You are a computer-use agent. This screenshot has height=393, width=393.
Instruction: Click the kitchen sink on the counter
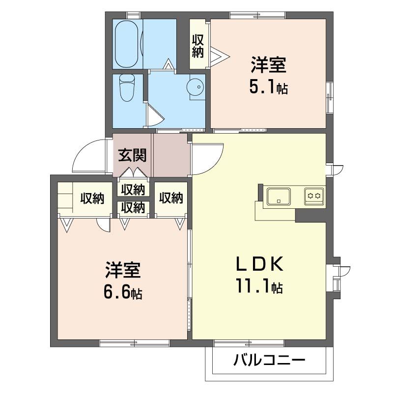(x=279, y=196)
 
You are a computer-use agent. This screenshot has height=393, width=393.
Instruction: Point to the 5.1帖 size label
(x=268, y=87)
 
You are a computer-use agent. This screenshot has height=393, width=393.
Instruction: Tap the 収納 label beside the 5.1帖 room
(x=198, y=45)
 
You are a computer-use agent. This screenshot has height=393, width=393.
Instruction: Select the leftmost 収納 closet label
(x=93, y=198)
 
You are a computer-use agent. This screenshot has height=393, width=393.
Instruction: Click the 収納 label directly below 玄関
(x=133, y=189)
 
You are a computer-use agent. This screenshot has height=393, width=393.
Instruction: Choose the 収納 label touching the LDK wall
(x=171, y=198)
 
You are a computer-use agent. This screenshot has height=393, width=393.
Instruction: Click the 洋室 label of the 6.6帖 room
(x=123, y=270)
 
